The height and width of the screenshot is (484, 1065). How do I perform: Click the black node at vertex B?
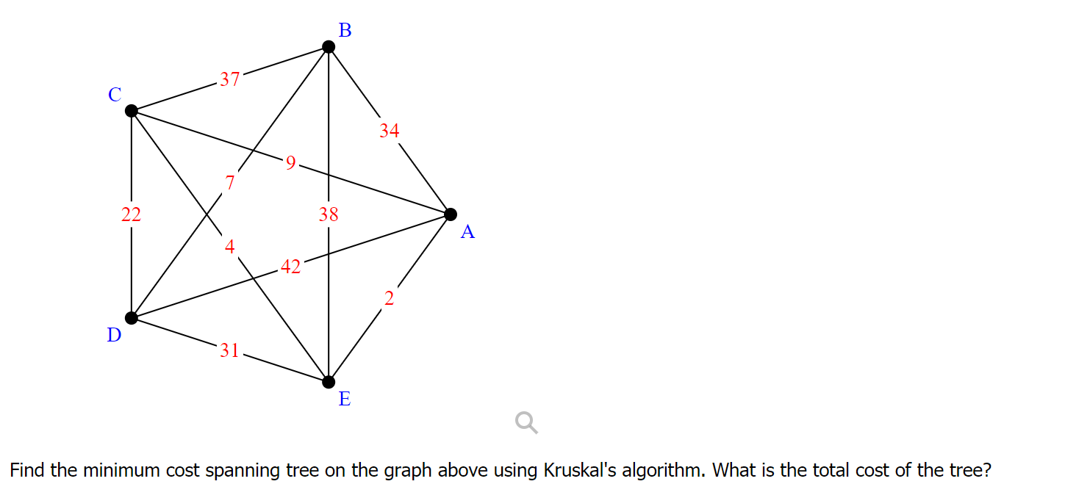(x=329, y=47)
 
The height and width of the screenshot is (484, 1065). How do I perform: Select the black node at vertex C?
(x=132, y=111)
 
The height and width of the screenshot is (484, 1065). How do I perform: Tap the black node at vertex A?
(x=451, y=214)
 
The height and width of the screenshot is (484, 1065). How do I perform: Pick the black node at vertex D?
(x=132, y=317)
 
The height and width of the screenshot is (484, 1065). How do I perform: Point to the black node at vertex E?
(x=329, y=381)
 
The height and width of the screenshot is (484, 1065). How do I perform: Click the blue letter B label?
(x=345, y=30)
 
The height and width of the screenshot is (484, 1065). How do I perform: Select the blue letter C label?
(x=114, y=95)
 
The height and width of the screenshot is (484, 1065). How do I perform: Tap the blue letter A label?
(x=467, y=233)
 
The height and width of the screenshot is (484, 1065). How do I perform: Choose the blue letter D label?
(x=114, y=336)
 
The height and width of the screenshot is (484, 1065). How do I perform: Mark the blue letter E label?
(x=344, y=400)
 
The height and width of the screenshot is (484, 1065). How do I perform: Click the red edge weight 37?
(x=229, y=79)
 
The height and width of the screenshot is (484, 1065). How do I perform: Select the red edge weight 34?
(x=390, y=131)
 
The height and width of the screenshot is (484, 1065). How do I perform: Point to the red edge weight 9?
(x=290, y=163)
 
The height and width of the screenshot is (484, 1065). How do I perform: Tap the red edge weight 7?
(x=230, y=183)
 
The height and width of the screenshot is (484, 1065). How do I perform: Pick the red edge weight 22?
(x=132, y=214)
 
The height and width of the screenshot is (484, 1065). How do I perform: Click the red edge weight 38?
(x=329, y=214)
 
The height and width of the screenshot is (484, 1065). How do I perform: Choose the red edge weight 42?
(x=290, y=267)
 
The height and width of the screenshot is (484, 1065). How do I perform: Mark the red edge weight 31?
(x=229, y=350)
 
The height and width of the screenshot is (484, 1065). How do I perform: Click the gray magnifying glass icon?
(x=526, y=422)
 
